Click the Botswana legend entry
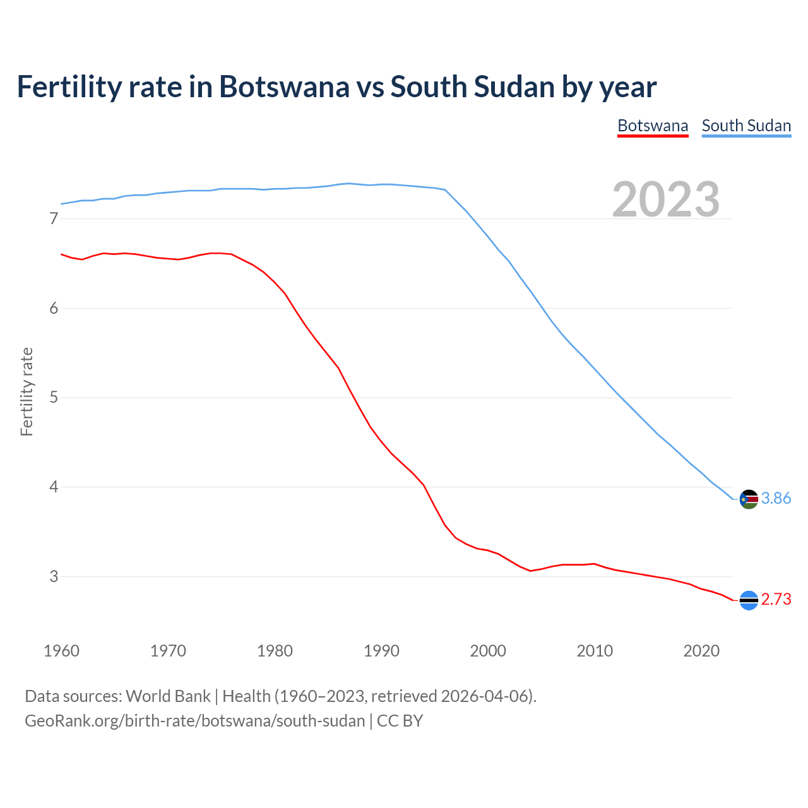(x=653, y=126)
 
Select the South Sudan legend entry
(x=746, y=126)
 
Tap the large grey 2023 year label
(x=665, y=199)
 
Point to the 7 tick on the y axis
(x=54, y=219)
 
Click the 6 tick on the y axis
(x=54, y=308)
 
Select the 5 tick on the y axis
(x=54, y=398)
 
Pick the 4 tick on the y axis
(x=54, y=487)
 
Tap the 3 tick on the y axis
(x=54, y=576)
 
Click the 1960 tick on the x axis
(x=61, y=651)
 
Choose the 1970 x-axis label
(x=168, y=651)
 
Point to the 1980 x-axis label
(x=275, y=651)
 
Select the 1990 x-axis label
(x=381, y=651)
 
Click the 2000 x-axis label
(x=488, y=651)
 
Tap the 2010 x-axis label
(x=595, y=651)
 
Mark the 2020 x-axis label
(x=701, y=651)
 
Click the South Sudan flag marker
(x=749, y=499)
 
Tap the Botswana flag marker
(x=749, y=600)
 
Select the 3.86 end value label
(x=776, y=499)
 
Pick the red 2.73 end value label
(x=776, y=600)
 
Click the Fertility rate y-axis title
(x=27, y=391)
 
